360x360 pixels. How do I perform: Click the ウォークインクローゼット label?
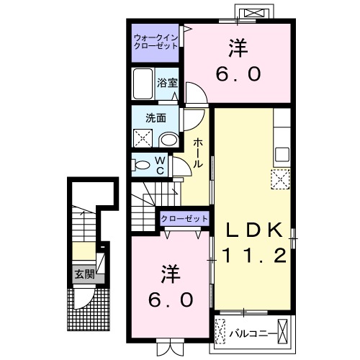pyautogui.click(x=156, y=42)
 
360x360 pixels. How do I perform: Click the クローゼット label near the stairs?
pyautogui.click(x=184, y=218)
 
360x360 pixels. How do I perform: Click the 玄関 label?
pyautogui.click(x=84, y=274)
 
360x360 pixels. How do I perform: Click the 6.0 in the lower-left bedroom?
pyautogui.click(x=171, y=298)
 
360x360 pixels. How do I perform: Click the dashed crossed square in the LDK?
pyautogui.click(x=279, y=177)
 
